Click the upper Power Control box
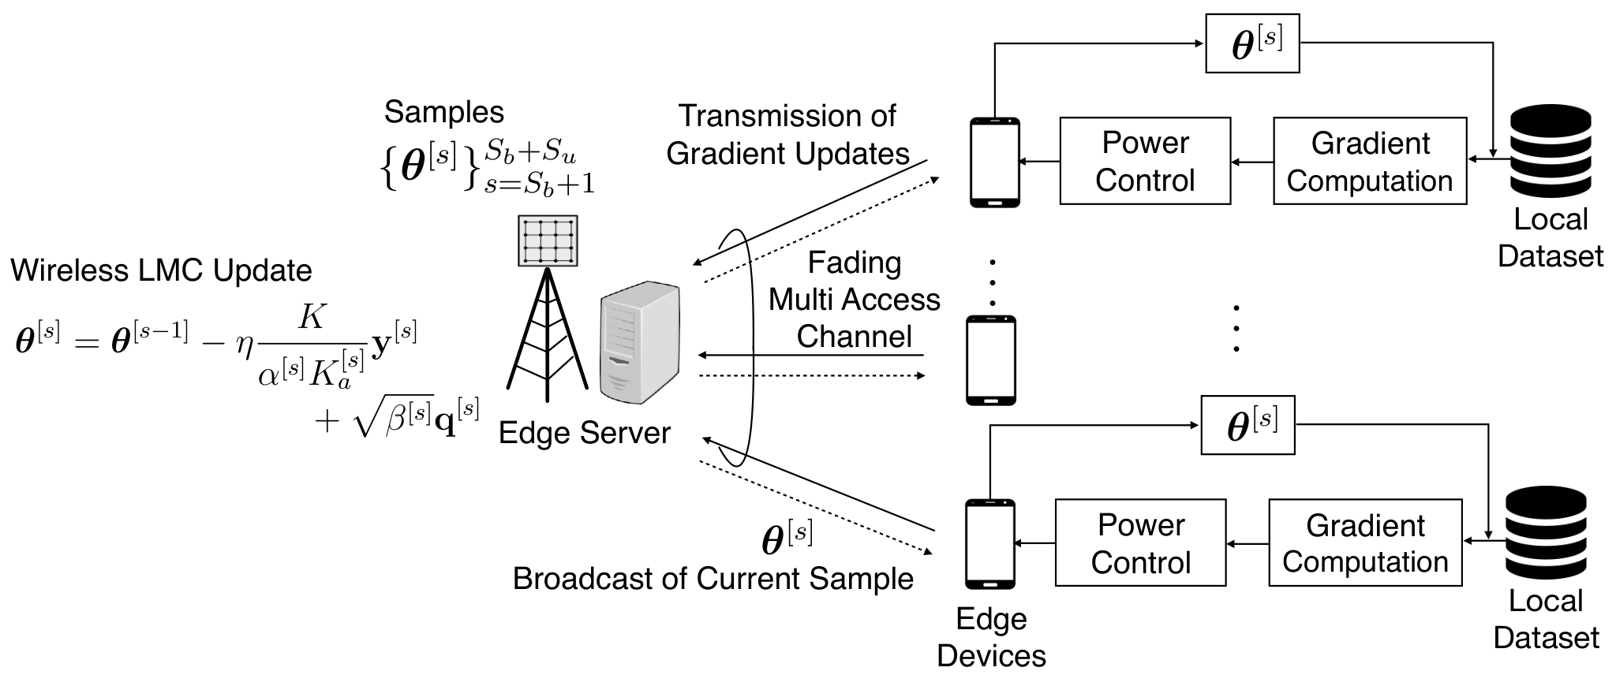[x=1145, y=161]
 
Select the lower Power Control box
[x=1141, y=542]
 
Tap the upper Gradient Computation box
[x=1370, y=161]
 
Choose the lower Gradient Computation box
[x=1365, y=542]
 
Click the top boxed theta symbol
[x=1252, y=44]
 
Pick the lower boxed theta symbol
[x=1248, y=425]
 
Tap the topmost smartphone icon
[x=994, y=162]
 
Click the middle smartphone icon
[x=992, y=360]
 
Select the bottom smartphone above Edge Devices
[x=990, y=544]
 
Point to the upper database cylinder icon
[x=1550, y=151]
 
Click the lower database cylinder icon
[x=1546, y=532]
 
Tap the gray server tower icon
[x=640, y=342]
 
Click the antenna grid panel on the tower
[x=548, y=240]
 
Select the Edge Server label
[x=585, y=433]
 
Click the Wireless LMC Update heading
[x=161, y=270]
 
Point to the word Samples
[x=444, y=113]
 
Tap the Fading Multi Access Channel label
[x=855, y=300]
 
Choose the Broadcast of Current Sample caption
[x=713, y=579]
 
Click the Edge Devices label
[x=991, y=637]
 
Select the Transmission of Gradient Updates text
[x=787, y=135]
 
